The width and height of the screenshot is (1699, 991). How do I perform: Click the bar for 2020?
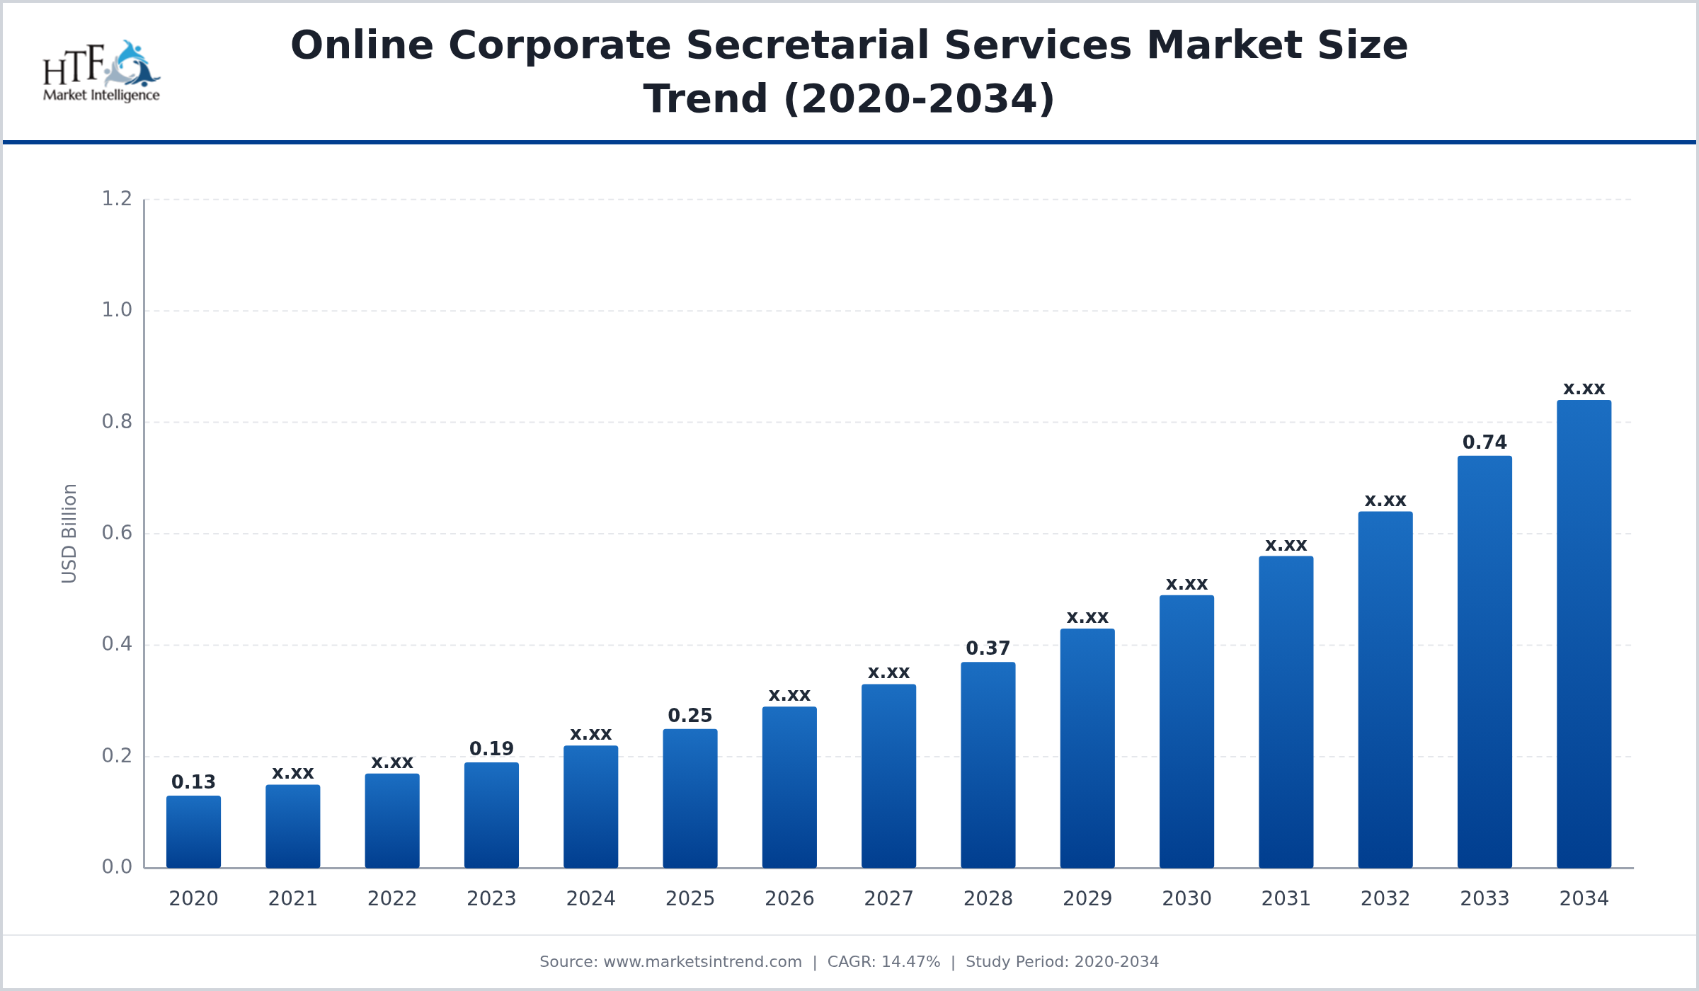pyautogui.click(x=193, y=832)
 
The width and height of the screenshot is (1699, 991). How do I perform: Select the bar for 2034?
pyautogui.click(x=1584, y=634)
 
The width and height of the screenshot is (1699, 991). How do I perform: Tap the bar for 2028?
pyautogui.click(x=988, y=765)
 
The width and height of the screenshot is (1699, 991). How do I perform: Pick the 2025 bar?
pyautogui.click(x=690, y=798)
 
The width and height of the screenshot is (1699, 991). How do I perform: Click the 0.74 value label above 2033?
pyautogui.click(x=1485, y=442)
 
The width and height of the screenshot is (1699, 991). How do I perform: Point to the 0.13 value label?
pyautogui.click(x=193, y=782)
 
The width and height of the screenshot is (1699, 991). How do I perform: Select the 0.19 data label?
pyautogui.click(x=491, y=749)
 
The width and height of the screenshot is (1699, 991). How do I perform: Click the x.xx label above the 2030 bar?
pyautogui.click(x=1186, y=584)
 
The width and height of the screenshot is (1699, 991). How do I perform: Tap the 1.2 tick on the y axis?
pyautogui.click(x=117, y=199)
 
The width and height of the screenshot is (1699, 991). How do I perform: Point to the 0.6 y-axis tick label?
pyautogui.click(x=117, y=533)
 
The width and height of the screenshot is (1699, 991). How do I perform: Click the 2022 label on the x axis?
pyautogui.click(x=391, y=898)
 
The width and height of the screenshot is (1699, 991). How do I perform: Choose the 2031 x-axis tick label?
pyautogui.click(x=1286, y=898)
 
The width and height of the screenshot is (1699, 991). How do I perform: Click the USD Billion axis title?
pyautogui.click(x=69, y=533)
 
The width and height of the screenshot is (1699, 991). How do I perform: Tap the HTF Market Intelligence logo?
pyautogui.click(x=101, y=71)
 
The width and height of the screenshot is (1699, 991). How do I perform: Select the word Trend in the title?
pyautogui.click(x=705, y=98)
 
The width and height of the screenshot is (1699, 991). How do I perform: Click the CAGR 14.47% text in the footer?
pyautogui.click(x=883, y=962)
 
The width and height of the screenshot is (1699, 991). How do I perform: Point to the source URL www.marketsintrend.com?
pyautogui.click(x=702, y=962)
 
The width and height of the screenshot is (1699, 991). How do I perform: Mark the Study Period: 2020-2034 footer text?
pyautogui.click(x=1062, y=962)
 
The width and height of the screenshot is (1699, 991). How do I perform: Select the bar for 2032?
pyautogui.click(x=1385, y=690)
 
